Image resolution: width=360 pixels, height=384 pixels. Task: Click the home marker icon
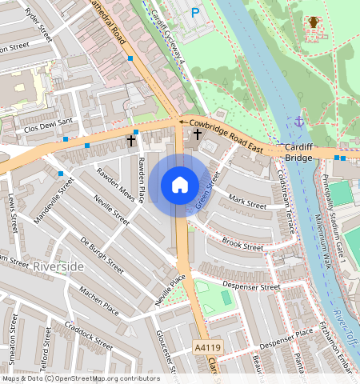click(x=180, y=185)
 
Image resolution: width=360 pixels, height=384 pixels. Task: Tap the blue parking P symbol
click(x=196, y=12)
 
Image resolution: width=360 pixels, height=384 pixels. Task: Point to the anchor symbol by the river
click(x=299, y=122)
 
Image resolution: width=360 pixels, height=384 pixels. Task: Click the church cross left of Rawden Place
click(x=131, y=141)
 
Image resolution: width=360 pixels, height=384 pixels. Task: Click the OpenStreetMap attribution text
click(x=80, y=378)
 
